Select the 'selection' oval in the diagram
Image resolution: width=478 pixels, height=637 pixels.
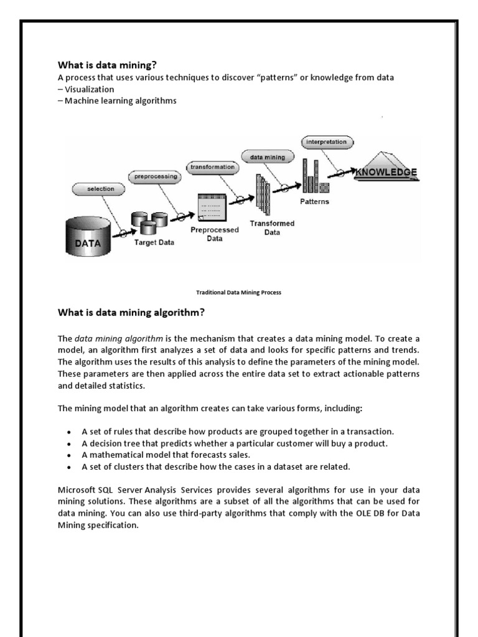(101, 188)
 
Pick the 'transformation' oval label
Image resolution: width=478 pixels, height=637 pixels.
(212, 167)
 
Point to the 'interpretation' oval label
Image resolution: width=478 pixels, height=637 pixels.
(327, 142)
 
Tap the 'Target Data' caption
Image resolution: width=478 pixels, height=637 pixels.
(154, 243)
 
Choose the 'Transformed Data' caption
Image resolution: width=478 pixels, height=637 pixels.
(272, 228)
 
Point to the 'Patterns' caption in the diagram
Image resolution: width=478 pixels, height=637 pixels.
(315, 202)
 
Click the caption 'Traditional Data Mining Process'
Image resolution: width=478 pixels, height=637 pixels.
(239, 292)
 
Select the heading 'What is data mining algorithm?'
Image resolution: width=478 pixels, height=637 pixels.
(131, 312)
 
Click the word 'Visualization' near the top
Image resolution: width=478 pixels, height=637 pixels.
(89, 89)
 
